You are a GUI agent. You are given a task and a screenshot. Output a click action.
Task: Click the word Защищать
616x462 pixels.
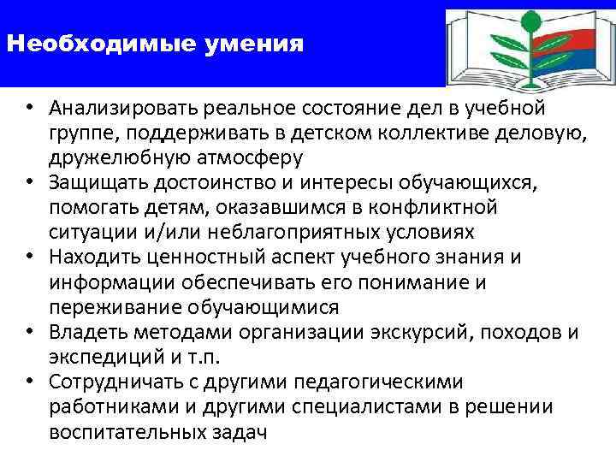point(92,183)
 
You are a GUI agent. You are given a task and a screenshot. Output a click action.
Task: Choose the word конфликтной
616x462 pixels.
point(459,208)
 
